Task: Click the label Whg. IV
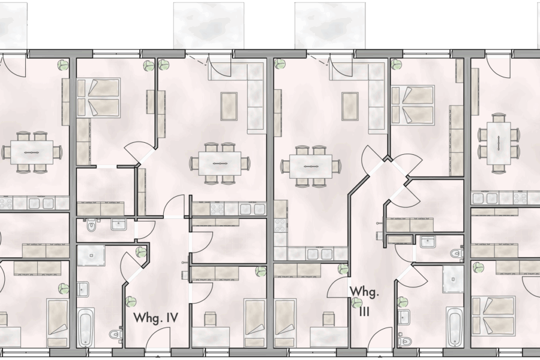[155, 317]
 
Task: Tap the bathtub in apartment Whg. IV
[86, 328]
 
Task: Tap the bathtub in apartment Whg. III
[455, 327]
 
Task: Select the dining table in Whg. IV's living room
[215, 163]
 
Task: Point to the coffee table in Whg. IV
[229, 106]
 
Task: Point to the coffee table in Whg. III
[350, 106]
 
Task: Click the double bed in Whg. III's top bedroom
[413, 105]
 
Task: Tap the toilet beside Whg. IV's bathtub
[115, 334]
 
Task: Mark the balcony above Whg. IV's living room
[209, 25]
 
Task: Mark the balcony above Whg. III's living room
[330, 25]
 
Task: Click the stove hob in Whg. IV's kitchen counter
[215, 209]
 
